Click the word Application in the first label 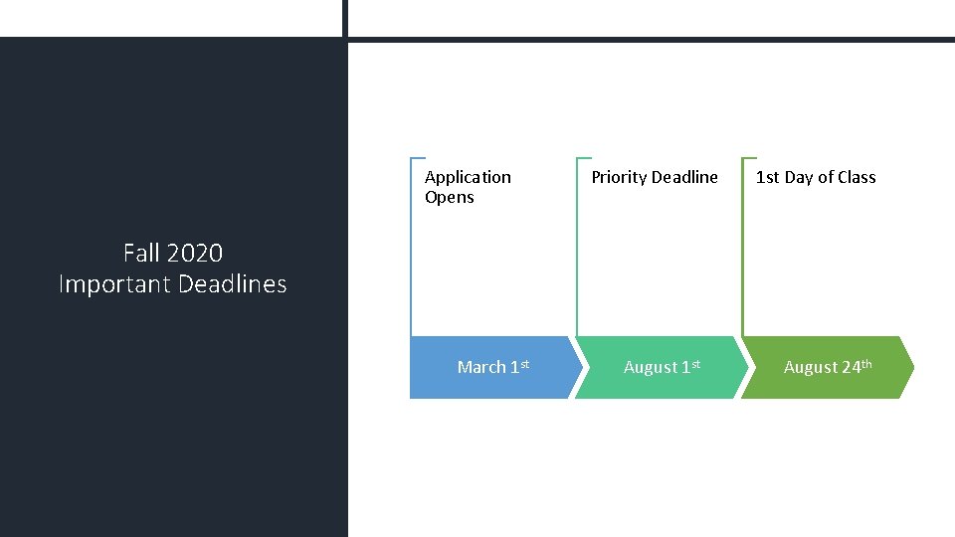click(468, 177)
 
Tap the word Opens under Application click(450, 197)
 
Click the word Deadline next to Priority click(684, 177)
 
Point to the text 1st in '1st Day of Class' click(767, 177)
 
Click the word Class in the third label click(857, 177)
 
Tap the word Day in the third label click(799, 177)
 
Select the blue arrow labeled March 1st click(493, 368)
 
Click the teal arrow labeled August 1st click(660, 368)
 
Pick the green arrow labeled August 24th click(826, 368)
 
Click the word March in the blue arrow click(481, 368)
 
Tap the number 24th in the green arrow click(857, 367)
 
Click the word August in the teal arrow click(650, 368)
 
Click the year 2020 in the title click(194, 254)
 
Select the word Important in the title click(114, 284)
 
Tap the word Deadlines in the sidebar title click(233, 284)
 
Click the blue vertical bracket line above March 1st click(411, 249)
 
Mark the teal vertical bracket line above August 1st click(577, 249)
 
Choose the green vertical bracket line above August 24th click(742, 249)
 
